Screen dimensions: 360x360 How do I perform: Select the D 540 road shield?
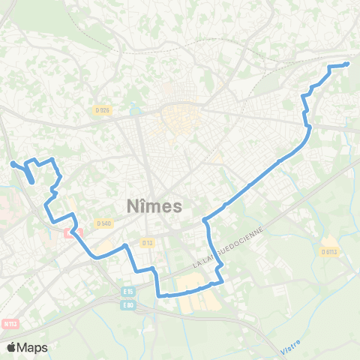(103, 223)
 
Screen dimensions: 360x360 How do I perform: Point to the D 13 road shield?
(147, 242)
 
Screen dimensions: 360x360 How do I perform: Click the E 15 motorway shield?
(127, 292)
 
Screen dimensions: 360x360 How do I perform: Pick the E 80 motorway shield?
(127, 304)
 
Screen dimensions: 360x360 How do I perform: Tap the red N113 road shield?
(10, 324)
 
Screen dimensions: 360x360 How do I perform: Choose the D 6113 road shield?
(329, 251)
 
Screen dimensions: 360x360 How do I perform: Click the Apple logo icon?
(12, 346)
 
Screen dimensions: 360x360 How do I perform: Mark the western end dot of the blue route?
(12, 163)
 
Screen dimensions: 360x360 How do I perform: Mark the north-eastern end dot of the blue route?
(346, 64)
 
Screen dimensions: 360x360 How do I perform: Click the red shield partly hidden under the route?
(73, 232)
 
